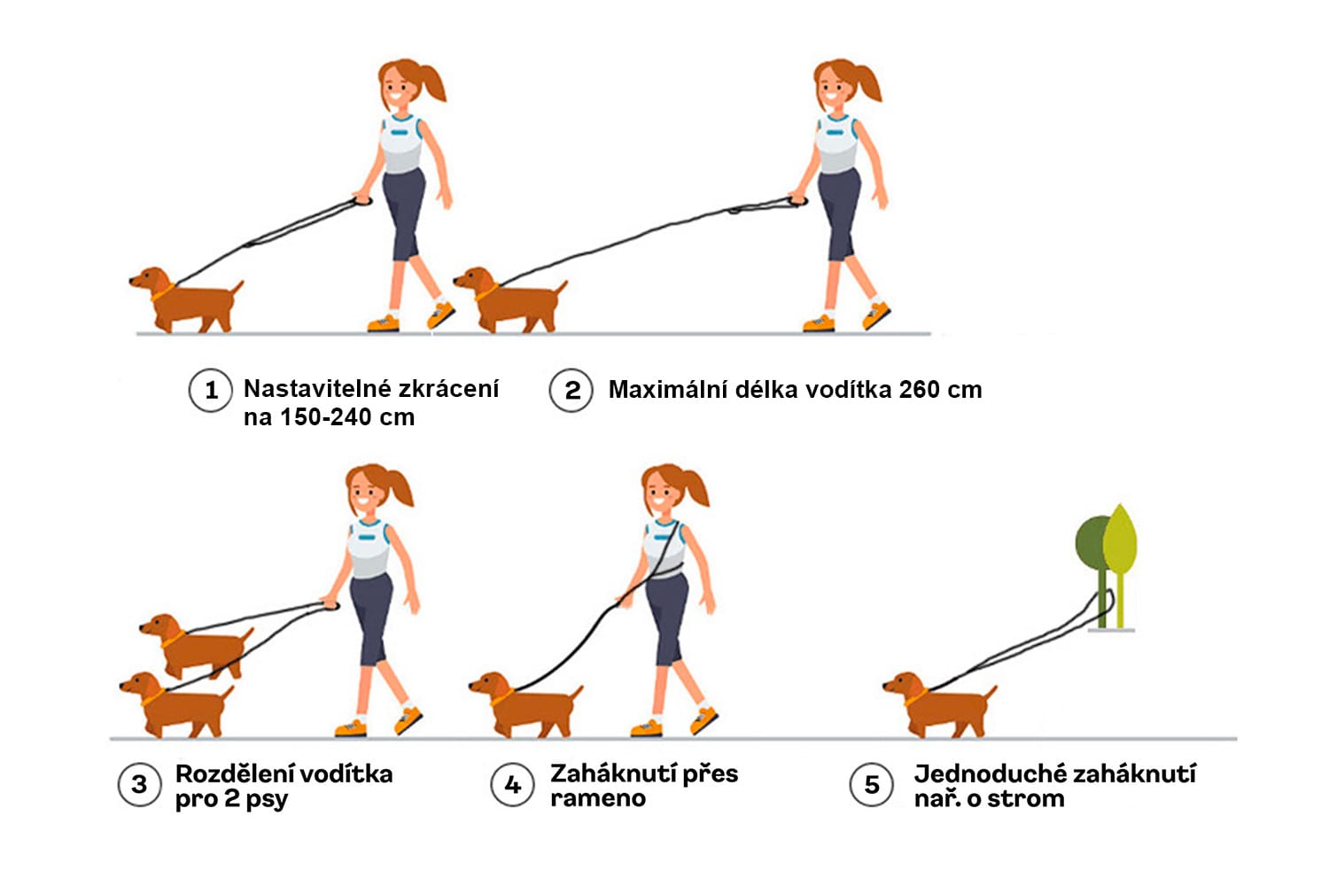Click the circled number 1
[x=210, y=391]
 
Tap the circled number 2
[x=571, y=391]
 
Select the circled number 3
[x=139, y=784]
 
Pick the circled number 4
[x=513, y=784]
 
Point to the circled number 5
[x=871, y=784]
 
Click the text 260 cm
[x=940, y=390]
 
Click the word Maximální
[x=668, y=390]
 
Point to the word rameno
[x=598, y=799]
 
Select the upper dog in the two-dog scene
[x=197, y=646]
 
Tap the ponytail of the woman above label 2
[x=867, y=83]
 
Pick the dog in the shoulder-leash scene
[x=525, y=704]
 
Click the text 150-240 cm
[x=346, y=417]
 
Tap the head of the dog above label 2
[x=474, y=279]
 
